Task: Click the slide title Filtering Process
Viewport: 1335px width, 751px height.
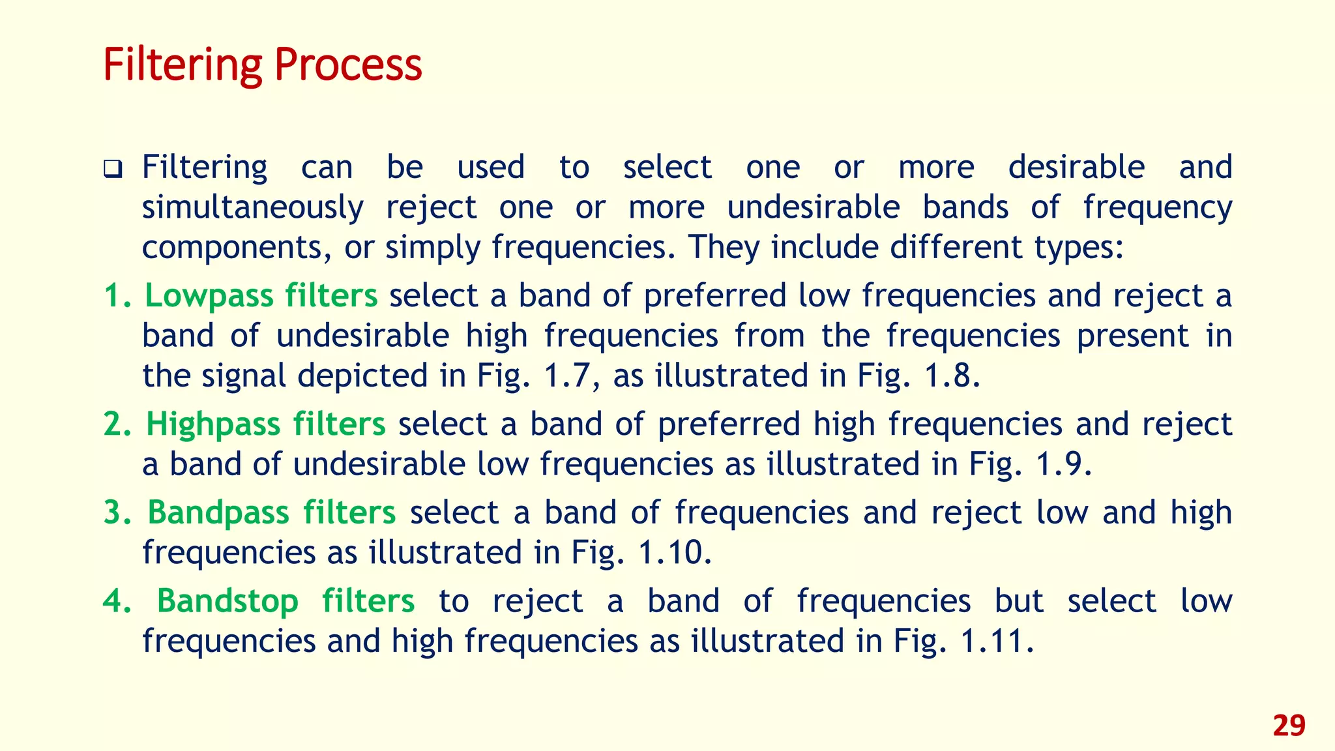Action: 263,65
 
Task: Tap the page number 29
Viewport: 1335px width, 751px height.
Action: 1289,725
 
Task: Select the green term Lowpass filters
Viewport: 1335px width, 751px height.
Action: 261,296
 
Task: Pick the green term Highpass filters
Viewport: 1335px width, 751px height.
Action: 265,424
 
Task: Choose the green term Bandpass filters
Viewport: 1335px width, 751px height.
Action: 271,512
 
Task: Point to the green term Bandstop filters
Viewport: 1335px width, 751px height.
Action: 286,601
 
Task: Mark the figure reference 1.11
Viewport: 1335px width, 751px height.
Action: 997,641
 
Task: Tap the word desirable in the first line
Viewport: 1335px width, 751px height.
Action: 1076,168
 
